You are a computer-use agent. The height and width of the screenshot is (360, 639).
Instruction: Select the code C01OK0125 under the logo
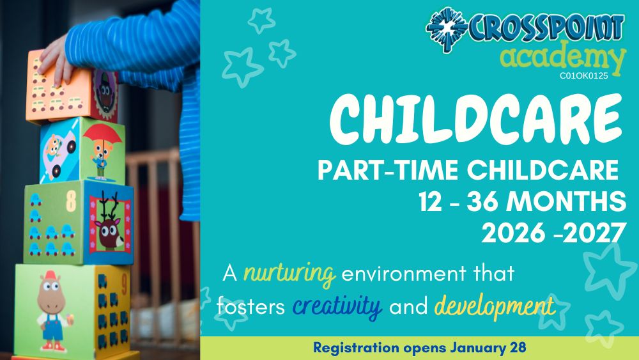point(583,75)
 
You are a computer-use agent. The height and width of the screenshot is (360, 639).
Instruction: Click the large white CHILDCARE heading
point(476,119)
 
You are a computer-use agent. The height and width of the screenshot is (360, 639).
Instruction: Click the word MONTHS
point(567,201)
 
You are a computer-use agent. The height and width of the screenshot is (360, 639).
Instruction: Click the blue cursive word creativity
point(337,306)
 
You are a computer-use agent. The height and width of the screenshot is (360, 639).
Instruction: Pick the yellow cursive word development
point(495,306)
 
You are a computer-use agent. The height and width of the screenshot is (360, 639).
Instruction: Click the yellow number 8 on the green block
point(71,201)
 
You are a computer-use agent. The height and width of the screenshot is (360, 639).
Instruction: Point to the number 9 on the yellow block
point(125,285)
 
